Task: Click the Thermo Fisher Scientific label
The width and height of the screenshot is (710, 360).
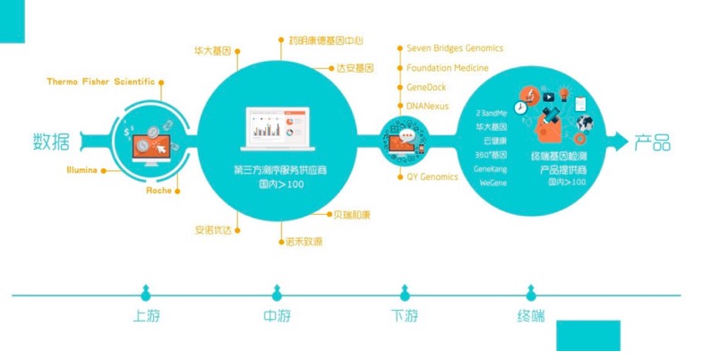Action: (100, 81)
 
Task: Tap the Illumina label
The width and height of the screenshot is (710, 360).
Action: (81, 169)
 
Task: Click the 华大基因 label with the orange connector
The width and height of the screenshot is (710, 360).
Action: (213, 51)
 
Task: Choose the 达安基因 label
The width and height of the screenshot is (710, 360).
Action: (355, 68)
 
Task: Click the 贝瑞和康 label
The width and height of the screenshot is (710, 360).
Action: (352, 215)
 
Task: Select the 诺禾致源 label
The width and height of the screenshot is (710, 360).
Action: (304, 241)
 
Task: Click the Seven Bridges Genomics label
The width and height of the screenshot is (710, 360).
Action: (455, 48)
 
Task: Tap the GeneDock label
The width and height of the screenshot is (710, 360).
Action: (426, 87)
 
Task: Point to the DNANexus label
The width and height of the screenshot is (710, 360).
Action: (427, 106)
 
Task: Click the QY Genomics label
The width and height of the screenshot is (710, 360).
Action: (432, 176)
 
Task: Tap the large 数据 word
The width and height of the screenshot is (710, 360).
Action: (52, 141)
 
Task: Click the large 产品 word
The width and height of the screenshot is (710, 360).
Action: (652, 142)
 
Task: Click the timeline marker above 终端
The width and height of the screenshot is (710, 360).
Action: (531, 292)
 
